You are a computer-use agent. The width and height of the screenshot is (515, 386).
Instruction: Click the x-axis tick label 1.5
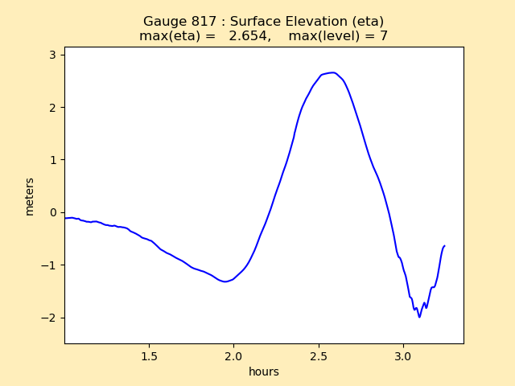coord(149,356)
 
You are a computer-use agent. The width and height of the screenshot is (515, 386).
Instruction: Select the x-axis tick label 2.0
coord(234,356)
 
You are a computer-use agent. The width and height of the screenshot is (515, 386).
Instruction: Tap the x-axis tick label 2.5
coord(319,356)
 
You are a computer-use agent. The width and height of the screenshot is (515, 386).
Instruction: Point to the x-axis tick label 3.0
coord(404,356)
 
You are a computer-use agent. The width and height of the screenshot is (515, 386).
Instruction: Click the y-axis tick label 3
coord(53,55)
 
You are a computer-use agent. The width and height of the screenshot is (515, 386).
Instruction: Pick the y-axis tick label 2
coord(53,107)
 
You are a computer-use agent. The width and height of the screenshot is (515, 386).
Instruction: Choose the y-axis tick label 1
coord(53,160)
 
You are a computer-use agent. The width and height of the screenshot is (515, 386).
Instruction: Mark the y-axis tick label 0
coord(53,212)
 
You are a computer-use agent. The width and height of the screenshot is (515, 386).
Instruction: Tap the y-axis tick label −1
coord(49,265)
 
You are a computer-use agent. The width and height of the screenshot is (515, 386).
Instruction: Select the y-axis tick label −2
coord(49,318)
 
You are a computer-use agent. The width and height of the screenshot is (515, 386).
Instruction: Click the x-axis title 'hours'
coord(264,372)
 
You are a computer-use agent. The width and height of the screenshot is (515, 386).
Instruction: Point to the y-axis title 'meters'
coord(30,196)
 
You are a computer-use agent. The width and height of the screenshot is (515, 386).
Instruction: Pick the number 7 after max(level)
coord(384,36)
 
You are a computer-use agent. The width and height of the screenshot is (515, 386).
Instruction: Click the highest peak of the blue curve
coord(332,72)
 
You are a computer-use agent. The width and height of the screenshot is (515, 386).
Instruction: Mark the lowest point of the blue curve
coord(419,317)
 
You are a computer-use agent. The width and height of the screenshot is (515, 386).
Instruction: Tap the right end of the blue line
coord(444,246)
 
